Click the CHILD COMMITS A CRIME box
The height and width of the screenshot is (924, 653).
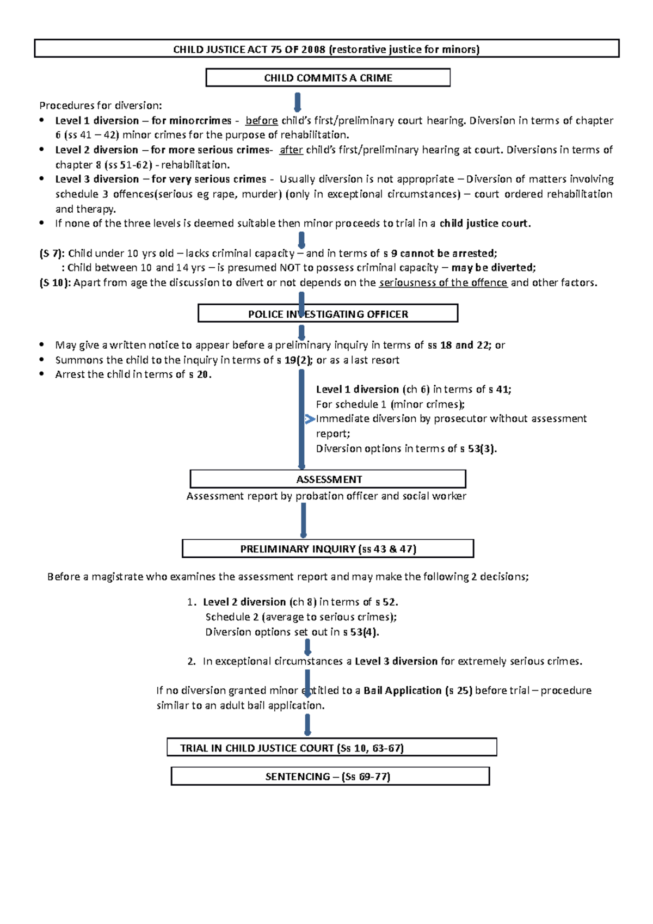click(x=328, y=78)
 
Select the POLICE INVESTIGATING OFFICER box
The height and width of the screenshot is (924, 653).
click(x=328, y=314)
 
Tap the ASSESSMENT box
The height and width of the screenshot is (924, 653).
click(x=328, y=479)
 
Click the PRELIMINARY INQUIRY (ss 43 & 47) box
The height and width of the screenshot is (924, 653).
click(x=328, y=549)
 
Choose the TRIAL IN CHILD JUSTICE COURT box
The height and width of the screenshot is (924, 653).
click(x=331, y=748)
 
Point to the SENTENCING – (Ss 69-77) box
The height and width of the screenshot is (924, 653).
click(x=330, y=777)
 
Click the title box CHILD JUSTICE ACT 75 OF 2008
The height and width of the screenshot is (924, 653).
click(x=326, y=49)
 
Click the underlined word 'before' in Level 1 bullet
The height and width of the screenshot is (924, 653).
click(x=262, y=121)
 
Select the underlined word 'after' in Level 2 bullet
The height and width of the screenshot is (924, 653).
click(x=291, y=150)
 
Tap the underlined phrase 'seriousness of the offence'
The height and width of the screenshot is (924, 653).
click(x=443, y=282)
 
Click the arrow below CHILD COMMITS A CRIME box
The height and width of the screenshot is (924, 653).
click(x=298, y=102)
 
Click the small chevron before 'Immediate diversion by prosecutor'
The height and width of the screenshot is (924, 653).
click(x=310, y=419)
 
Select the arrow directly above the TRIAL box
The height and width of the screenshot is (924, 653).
click(x=307, y=725)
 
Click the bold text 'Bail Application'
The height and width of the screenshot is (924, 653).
click(x=402, y=691)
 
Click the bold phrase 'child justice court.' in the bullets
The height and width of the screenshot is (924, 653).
click(x=484, y=223)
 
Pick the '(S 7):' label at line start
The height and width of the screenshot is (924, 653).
click(x=52, y=253)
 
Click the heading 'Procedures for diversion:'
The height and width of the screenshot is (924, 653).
click(x=101, y=106)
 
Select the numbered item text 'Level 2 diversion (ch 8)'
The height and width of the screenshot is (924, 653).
click(x=260, y=602)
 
